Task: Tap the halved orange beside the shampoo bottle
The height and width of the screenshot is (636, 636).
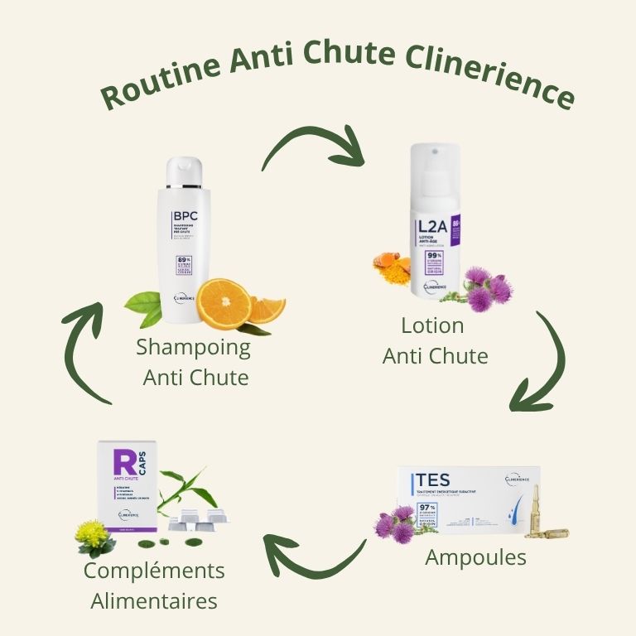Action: [x=224, y=304]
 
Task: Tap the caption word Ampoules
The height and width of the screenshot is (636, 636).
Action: [x=475, y=557]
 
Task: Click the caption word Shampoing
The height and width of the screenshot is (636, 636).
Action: [x=193, y=347]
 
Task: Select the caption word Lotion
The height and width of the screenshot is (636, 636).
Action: [x=432, y=325]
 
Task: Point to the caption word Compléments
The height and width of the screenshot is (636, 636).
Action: [x=154, y=571]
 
